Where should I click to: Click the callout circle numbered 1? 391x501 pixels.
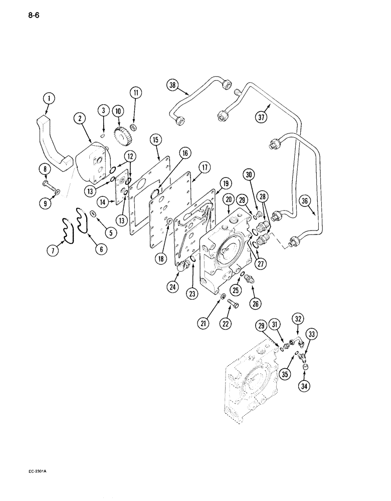pos(49,99)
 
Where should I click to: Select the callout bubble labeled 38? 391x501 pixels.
pos(172,86)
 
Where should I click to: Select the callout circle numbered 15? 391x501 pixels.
pos(155,138)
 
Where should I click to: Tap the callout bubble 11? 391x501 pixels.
pos(135,92)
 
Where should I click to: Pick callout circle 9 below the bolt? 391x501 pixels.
pos(45,190)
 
